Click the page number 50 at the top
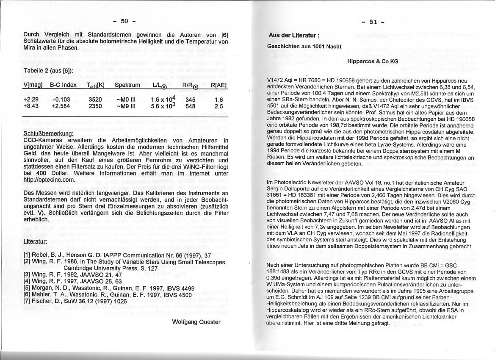click(x=124, y=21)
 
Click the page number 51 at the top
click(x=373, y=22)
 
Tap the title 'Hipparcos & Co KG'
click(x=373, y=61)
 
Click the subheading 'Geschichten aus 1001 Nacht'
click(x=304, y=46)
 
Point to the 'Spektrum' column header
click(x=127, y=85)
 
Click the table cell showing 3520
click(x=95, y=100)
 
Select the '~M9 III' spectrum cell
click(x=126, y=106)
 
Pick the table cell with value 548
click(x=191, y=106)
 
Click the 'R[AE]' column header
click(x=218, y=85)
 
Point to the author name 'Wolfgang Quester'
click(x=196, y=322)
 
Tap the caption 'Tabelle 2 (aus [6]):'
click(x=49, y=70)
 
